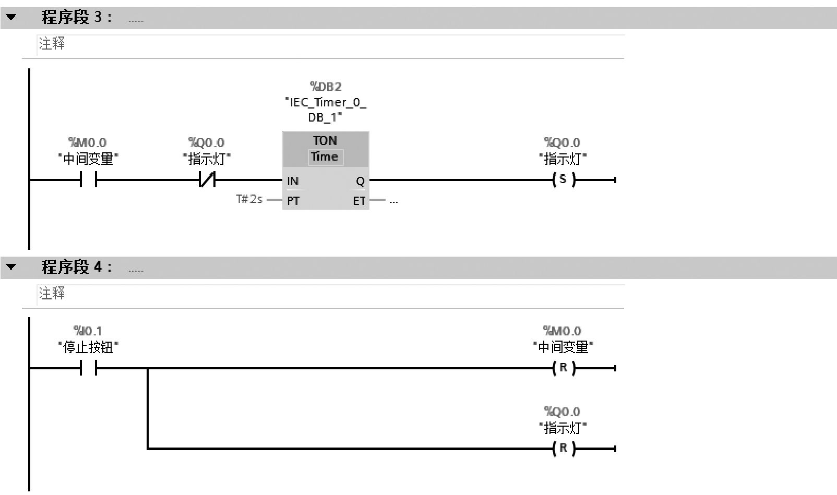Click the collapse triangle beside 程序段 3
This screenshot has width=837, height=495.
pos(11,17)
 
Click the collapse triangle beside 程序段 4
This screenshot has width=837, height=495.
pos(11,267)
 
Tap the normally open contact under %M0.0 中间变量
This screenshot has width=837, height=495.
pos(88,180)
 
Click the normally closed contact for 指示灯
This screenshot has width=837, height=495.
pos(207,180)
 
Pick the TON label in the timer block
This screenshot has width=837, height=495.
pos(325,141)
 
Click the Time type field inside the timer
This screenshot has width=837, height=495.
pos(325,157)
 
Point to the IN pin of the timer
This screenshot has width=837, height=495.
pos(293,181)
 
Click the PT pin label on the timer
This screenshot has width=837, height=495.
pos(293,201)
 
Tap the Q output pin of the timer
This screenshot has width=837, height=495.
pos(360,181)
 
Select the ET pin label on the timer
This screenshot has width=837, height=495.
pos(359,201)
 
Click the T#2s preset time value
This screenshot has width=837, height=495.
pos(249,199)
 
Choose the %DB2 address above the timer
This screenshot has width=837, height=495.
pos(326,87)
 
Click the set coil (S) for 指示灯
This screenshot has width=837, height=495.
pos(563,180)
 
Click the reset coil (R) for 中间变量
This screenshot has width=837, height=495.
pos(563,368)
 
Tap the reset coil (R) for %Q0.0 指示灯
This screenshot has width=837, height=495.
pos(563,449)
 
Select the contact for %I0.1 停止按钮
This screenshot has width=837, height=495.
pos(88,369)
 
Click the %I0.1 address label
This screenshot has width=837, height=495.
pos(88,331)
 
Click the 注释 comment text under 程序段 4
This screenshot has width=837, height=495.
pos(52,293)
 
